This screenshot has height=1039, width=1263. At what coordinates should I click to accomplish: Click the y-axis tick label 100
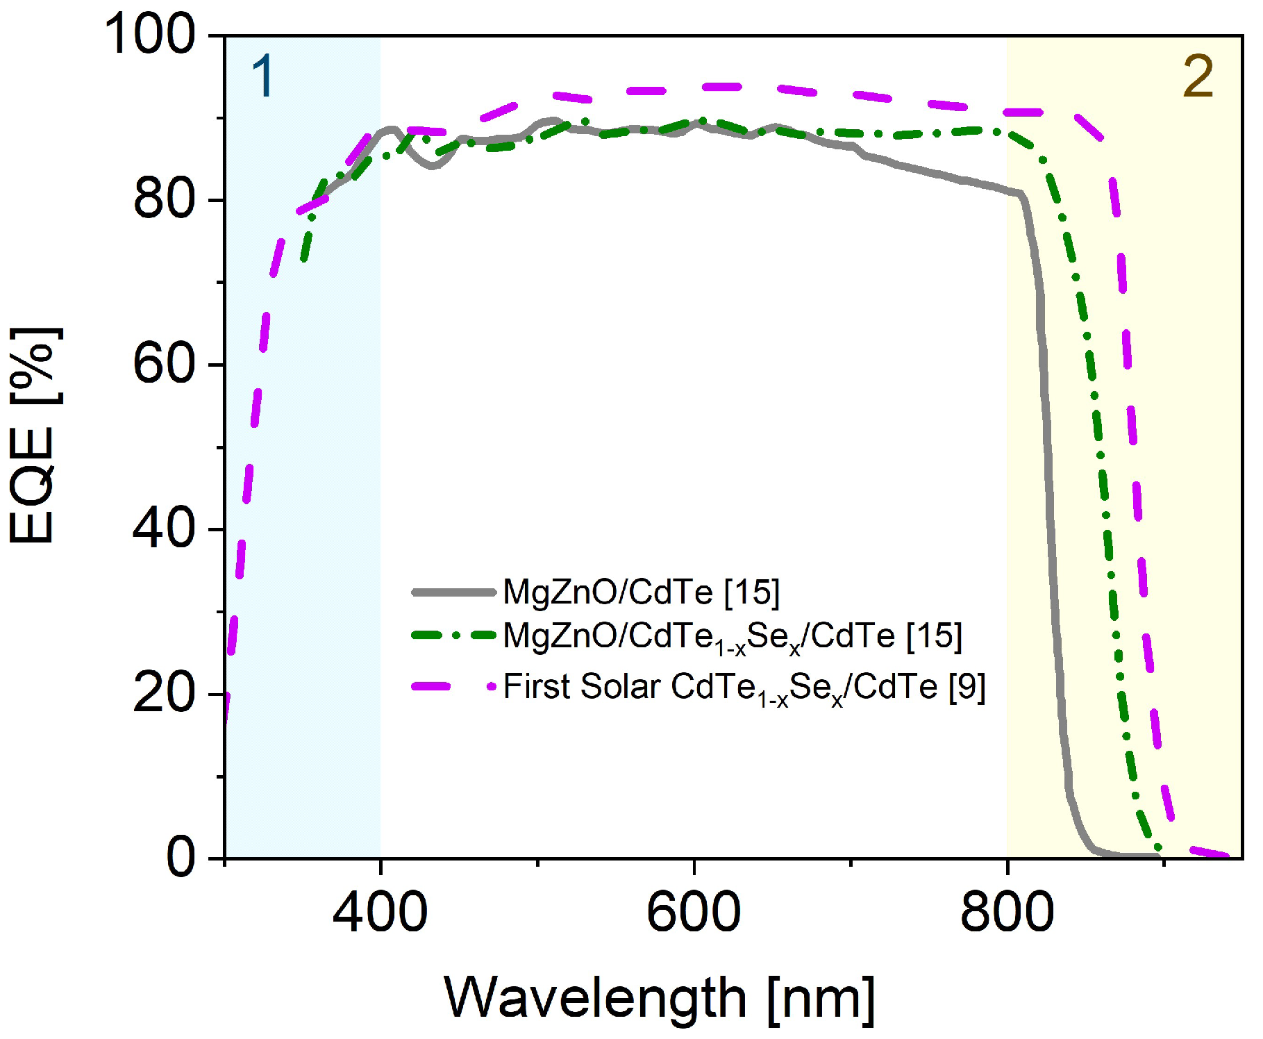click(150, 34)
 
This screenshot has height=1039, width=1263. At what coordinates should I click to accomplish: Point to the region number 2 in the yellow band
click(1198, 76)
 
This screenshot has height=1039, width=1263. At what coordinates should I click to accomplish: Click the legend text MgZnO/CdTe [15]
click(641, 592)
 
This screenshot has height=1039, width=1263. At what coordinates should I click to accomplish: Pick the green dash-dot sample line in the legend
click(453, 635)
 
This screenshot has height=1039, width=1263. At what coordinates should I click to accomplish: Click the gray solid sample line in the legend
click(453, 592)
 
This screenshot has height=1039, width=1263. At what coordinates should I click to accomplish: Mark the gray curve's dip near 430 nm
click(433, 166)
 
